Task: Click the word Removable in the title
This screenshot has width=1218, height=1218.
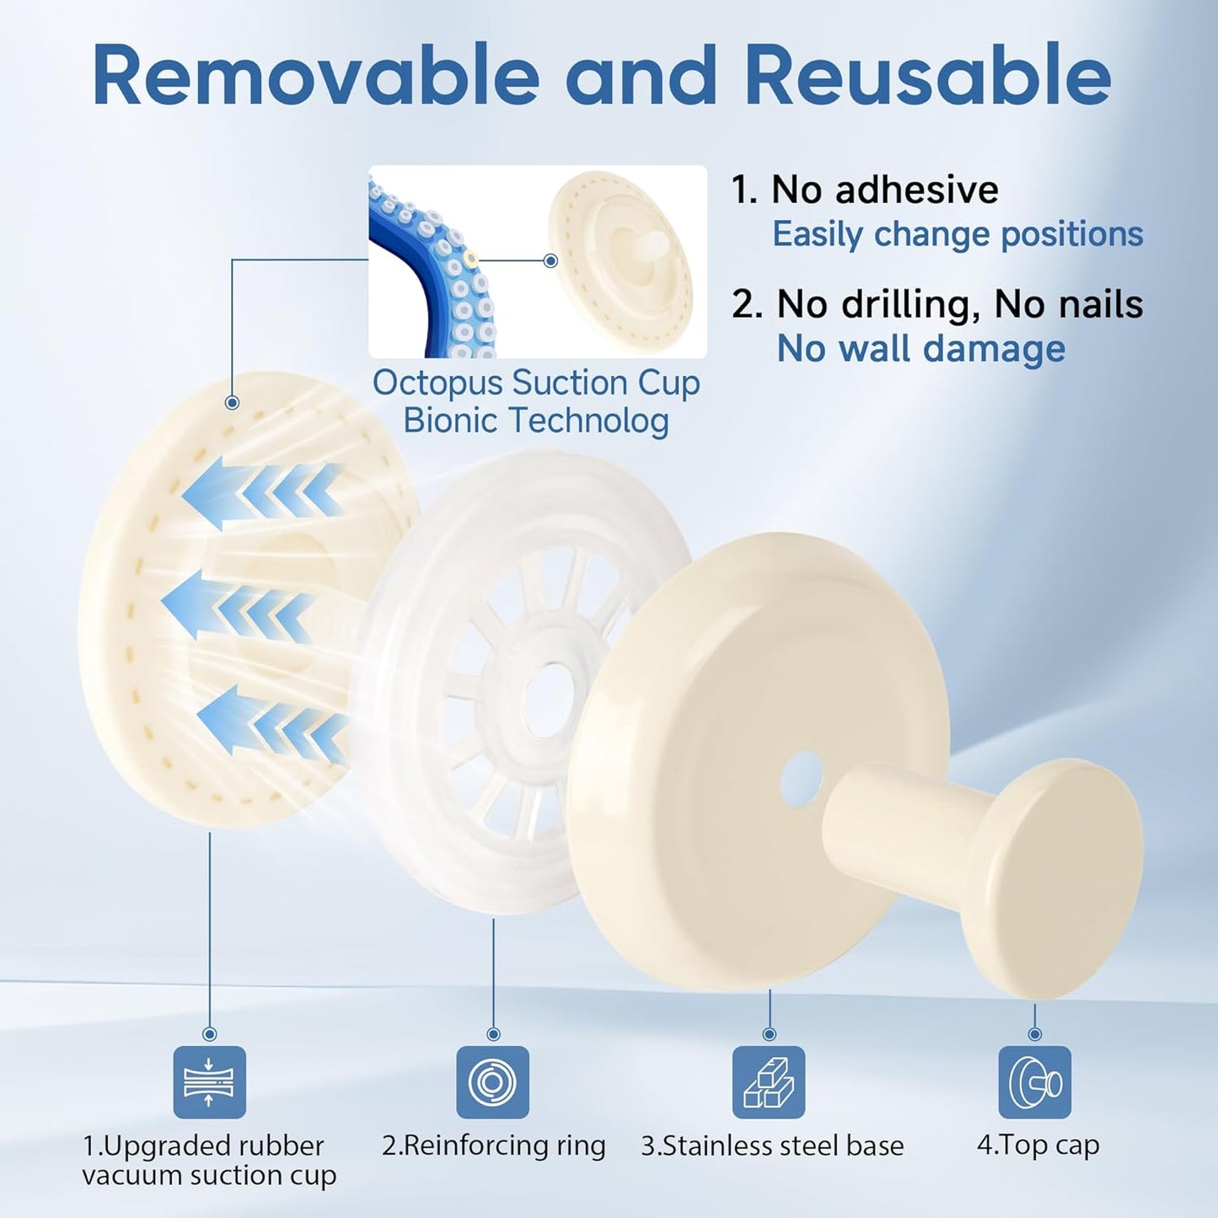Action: pyautogui.click(x=316, y=77)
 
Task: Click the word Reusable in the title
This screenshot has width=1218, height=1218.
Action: pyautogui.click(x=928, y=77)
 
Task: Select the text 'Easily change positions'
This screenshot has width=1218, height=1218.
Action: pyautogui.click(x=958, y=234)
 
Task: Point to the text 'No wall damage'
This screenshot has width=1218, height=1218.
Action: pyautogui.click(x=921, y=349)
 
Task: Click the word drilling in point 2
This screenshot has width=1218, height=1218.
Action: pyautogui.click(x=878, y=304)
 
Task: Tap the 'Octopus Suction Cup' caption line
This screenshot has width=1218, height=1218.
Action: pyautogui.click(x=536, y=384)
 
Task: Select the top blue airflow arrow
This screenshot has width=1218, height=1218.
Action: pyautogui.click(x=261, y=494)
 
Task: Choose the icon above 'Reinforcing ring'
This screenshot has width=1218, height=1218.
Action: pyautogui.click(x=492, y=1081)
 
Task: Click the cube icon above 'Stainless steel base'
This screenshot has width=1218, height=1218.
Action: pyautogui.click(x=769, y=1081)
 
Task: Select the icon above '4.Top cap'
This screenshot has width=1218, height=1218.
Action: pyautogui.click(x=1035, y=1081)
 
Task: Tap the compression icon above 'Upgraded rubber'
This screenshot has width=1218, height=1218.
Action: pyautogui.click(x=210, y=1081)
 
